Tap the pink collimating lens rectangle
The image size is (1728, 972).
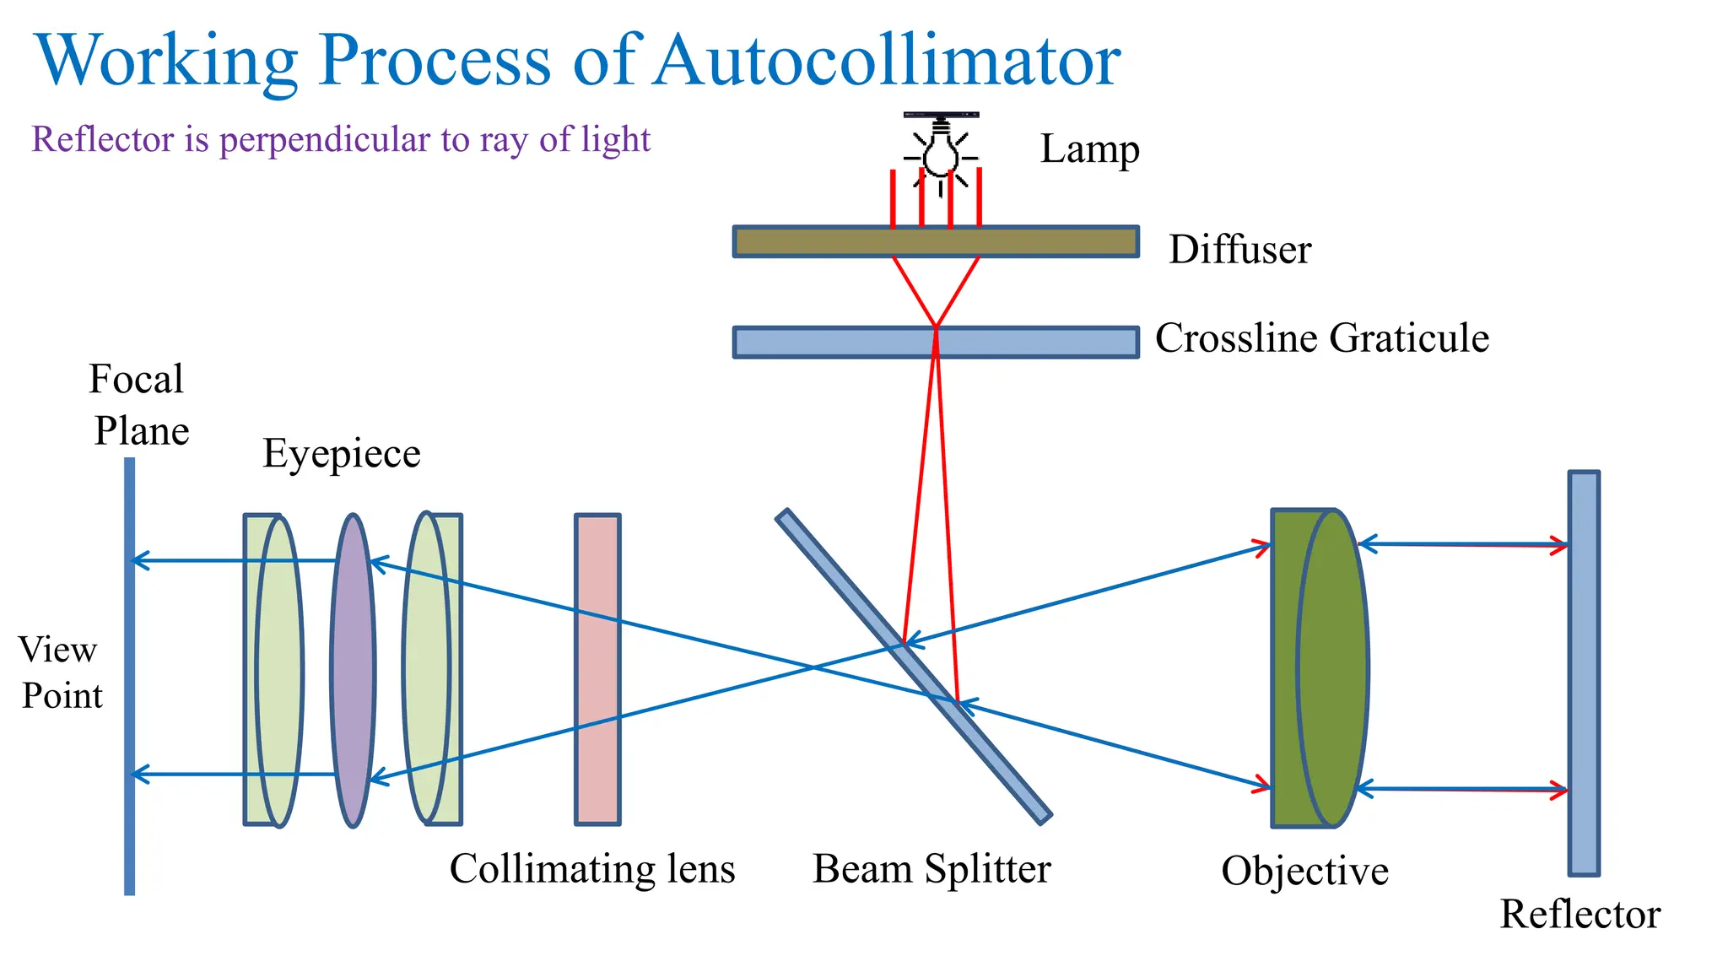[x=597, y=669]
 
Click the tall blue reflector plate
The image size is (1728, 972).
[x=1584, y=672]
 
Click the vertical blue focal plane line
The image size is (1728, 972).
[x=129, y=675]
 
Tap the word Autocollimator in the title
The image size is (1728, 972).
[x=887, y=60]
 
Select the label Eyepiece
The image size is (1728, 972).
[x=341, y=454]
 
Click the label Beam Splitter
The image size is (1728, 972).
[x=931, y=869]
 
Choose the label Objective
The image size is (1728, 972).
[x=1304, y=871]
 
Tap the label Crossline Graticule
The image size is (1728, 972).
[x=1321, y=338]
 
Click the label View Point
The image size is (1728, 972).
[x=60, y=672]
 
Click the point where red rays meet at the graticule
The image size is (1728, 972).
[x=936, y=327]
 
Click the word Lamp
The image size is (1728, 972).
[x=1089, y=149]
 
